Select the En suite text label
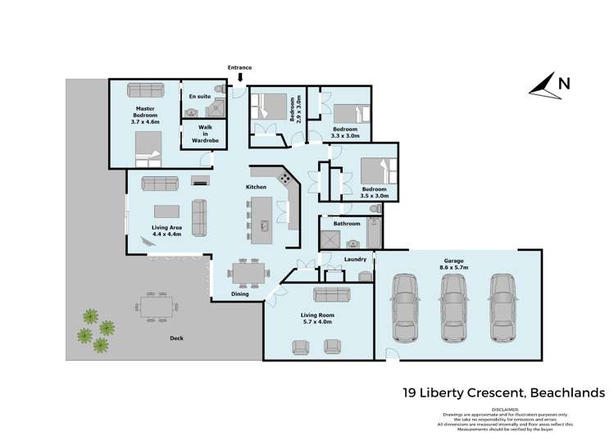200,97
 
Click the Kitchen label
257,188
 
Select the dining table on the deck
157,307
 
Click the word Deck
176,338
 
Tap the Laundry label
354,260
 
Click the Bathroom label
346,223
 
